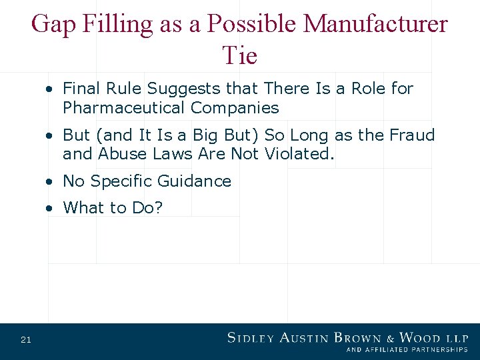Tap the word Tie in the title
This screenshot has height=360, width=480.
(x=240, y=55)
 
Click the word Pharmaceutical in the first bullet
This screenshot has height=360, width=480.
(x=124, y=107)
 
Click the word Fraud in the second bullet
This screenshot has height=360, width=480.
(x=411, y=135)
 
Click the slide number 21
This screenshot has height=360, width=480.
(x=26, y=340)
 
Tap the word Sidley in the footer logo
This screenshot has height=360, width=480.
(x=252, y=338)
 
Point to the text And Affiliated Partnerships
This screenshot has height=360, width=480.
(x=407, y=350)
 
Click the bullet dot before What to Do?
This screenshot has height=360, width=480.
(x=51, y=209)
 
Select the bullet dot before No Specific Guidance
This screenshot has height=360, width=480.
(x=51, y=182)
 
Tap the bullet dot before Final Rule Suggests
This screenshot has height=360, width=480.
(x=51, y=89)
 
